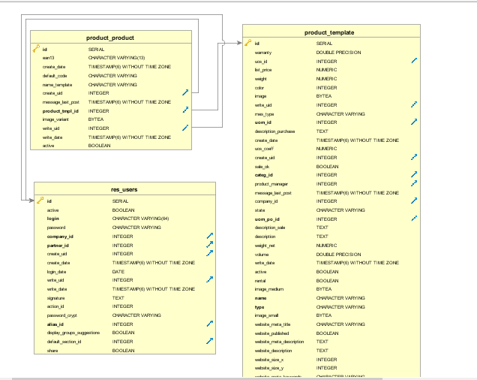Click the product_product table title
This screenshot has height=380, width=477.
coord(110,38)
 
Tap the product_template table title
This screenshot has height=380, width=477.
coord(329,32)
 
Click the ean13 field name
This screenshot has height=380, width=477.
coord(49,58)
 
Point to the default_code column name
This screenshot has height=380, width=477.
coord(55,76)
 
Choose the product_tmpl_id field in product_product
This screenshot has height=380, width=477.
coord(59,110)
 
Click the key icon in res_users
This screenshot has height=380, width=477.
coord(40,201)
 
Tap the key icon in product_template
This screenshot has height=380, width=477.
coord(247,44)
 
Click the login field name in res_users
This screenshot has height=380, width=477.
coord(52,219)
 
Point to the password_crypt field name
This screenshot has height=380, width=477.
coord(61,315)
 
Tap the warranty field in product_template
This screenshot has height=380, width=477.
coord(263,53)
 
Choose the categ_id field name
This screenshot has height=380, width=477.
coord(264,175)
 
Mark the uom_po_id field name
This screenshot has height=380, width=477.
coord(267,219)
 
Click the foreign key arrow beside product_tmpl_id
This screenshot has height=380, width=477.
coord(184,110)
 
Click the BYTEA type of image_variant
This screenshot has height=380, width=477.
coord(96,119)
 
